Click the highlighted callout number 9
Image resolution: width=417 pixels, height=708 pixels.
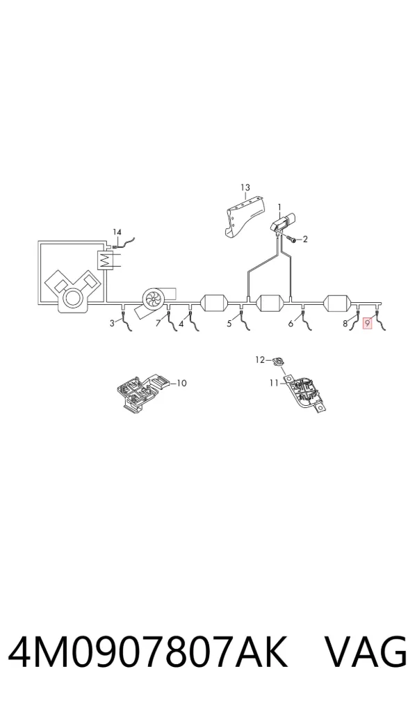pyautogui.click(x=368, y=323)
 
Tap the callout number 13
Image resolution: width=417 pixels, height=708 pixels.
pyautogui.click(x=245, y=187)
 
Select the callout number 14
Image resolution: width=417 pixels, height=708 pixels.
pyautogui.click(x=117, y=232)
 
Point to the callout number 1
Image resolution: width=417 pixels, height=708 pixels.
pyautogui.click(x=279, y=207)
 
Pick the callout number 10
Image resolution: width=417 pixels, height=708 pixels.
pyautogui.click(x=181, y=384)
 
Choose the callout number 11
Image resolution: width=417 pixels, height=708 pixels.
pyautogui.click(x=274, y=383)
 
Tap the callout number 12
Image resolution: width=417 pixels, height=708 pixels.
pyautogui.click(x=260, y=360)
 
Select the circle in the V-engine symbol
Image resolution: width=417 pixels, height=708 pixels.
pyautogui.click(x=73, y=299)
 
